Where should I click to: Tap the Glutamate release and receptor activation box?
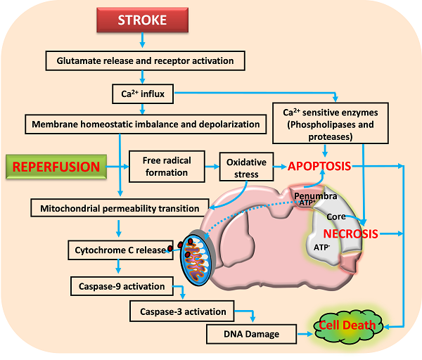pyautogui.click(x=146, y=61)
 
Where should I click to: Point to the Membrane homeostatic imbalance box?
pyautogui.click(x=146, y=125)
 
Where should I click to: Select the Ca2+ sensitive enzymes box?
pyautogui.click(x=326, y=124)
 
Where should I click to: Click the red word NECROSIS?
pyautogui.click(x=350, y=233)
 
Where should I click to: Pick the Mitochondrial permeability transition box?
pyautogui.click(x=120, y=208)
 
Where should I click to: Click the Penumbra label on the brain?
pyautogui.click(x=315, y=194)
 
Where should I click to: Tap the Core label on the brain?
pyautogui.click(x=335, y=217)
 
